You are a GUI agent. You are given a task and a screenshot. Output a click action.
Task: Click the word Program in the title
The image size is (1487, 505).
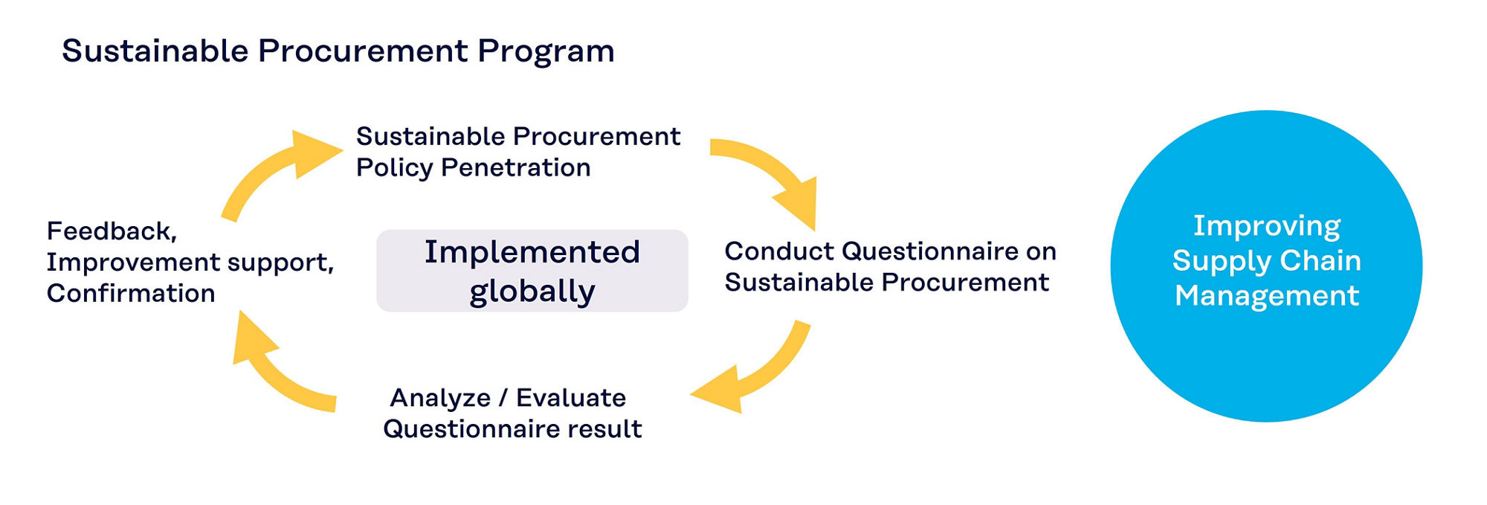tap(546, 52)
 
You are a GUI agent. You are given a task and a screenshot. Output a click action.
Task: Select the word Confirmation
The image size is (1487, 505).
tap(131, 293)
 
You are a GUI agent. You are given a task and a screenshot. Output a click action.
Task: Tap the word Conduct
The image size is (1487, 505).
tap(780, 251)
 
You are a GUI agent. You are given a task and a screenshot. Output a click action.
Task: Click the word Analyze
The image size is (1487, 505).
tap(440, 399)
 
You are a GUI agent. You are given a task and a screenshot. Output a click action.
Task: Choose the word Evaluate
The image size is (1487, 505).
tap(571, 398)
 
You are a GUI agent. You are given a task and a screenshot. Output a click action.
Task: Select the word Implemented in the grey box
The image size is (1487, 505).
tap(532, 252)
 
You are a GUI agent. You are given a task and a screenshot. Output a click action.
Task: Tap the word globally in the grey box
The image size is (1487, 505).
tap(532, 291)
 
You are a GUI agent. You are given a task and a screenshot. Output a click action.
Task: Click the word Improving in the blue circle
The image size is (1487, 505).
tap(1267, 226)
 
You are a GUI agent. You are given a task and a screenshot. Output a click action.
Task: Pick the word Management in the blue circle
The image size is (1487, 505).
tap(1267, 296)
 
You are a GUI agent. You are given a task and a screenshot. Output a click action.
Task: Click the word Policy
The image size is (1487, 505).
tap(394, 168)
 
